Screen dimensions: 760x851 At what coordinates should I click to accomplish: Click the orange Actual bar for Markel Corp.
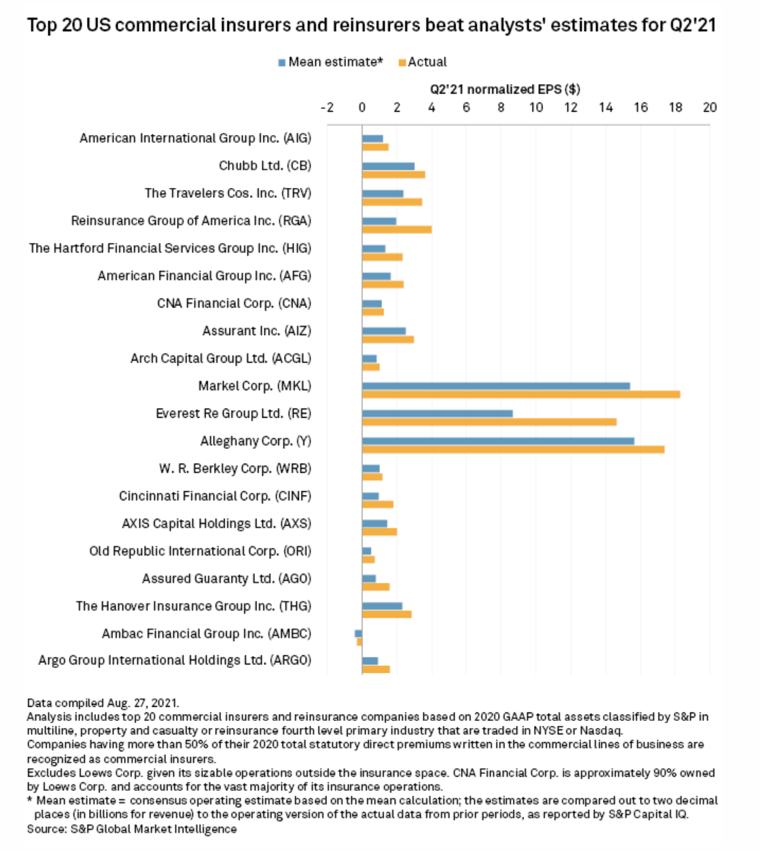coord(521,394)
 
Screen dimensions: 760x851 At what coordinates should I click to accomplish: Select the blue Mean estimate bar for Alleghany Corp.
coord(498,440)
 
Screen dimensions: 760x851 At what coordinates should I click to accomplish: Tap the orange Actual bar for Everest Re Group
coord(489,422)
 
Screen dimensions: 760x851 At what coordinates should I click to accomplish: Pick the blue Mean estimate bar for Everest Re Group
coord(437,413)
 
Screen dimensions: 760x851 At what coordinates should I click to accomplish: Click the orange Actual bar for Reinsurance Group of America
coord(397,229)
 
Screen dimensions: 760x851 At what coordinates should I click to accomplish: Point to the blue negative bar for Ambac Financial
coord(358,633)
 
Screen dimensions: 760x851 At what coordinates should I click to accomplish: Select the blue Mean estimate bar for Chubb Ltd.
coord(388,166)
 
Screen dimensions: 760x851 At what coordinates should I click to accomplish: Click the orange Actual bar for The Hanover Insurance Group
coord(387,614)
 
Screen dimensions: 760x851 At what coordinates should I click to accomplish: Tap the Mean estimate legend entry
coord(331,62)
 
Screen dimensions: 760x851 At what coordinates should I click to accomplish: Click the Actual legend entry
coord(422,62)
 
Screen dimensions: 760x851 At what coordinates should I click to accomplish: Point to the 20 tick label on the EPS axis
coord(710,107)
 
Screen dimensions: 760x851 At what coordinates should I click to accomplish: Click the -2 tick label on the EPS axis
coord(327,107)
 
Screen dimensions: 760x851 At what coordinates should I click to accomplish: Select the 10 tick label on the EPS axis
coord(536,107)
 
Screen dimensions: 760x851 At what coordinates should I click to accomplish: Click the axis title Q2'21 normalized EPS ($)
coord(505,90)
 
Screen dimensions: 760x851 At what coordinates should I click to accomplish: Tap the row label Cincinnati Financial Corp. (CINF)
coord(215,496)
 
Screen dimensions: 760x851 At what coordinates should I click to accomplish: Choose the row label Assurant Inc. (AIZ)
coord(257,331)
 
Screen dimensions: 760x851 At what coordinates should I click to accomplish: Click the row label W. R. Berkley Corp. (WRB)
coord(235,469)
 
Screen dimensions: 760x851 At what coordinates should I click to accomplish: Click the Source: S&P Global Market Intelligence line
coord(132,829)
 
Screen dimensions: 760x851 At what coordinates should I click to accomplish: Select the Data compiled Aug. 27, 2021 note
coord(103,703)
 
